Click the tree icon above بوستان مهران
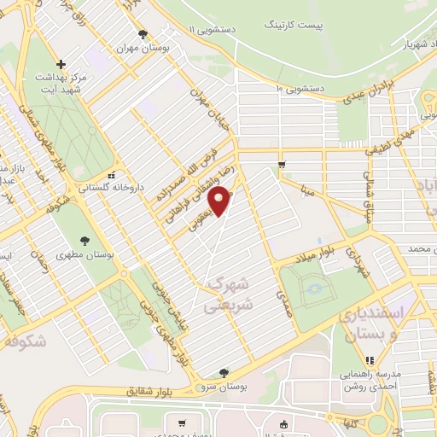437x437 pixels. click(x=142, y=35)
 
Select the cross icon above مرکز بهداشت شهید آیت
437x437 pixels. click(x=61, y=64)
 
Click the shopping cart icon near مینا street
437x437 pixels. click(x=282, y=163)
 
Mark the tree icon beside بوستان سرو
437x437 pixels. click(x=224, y=372)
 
